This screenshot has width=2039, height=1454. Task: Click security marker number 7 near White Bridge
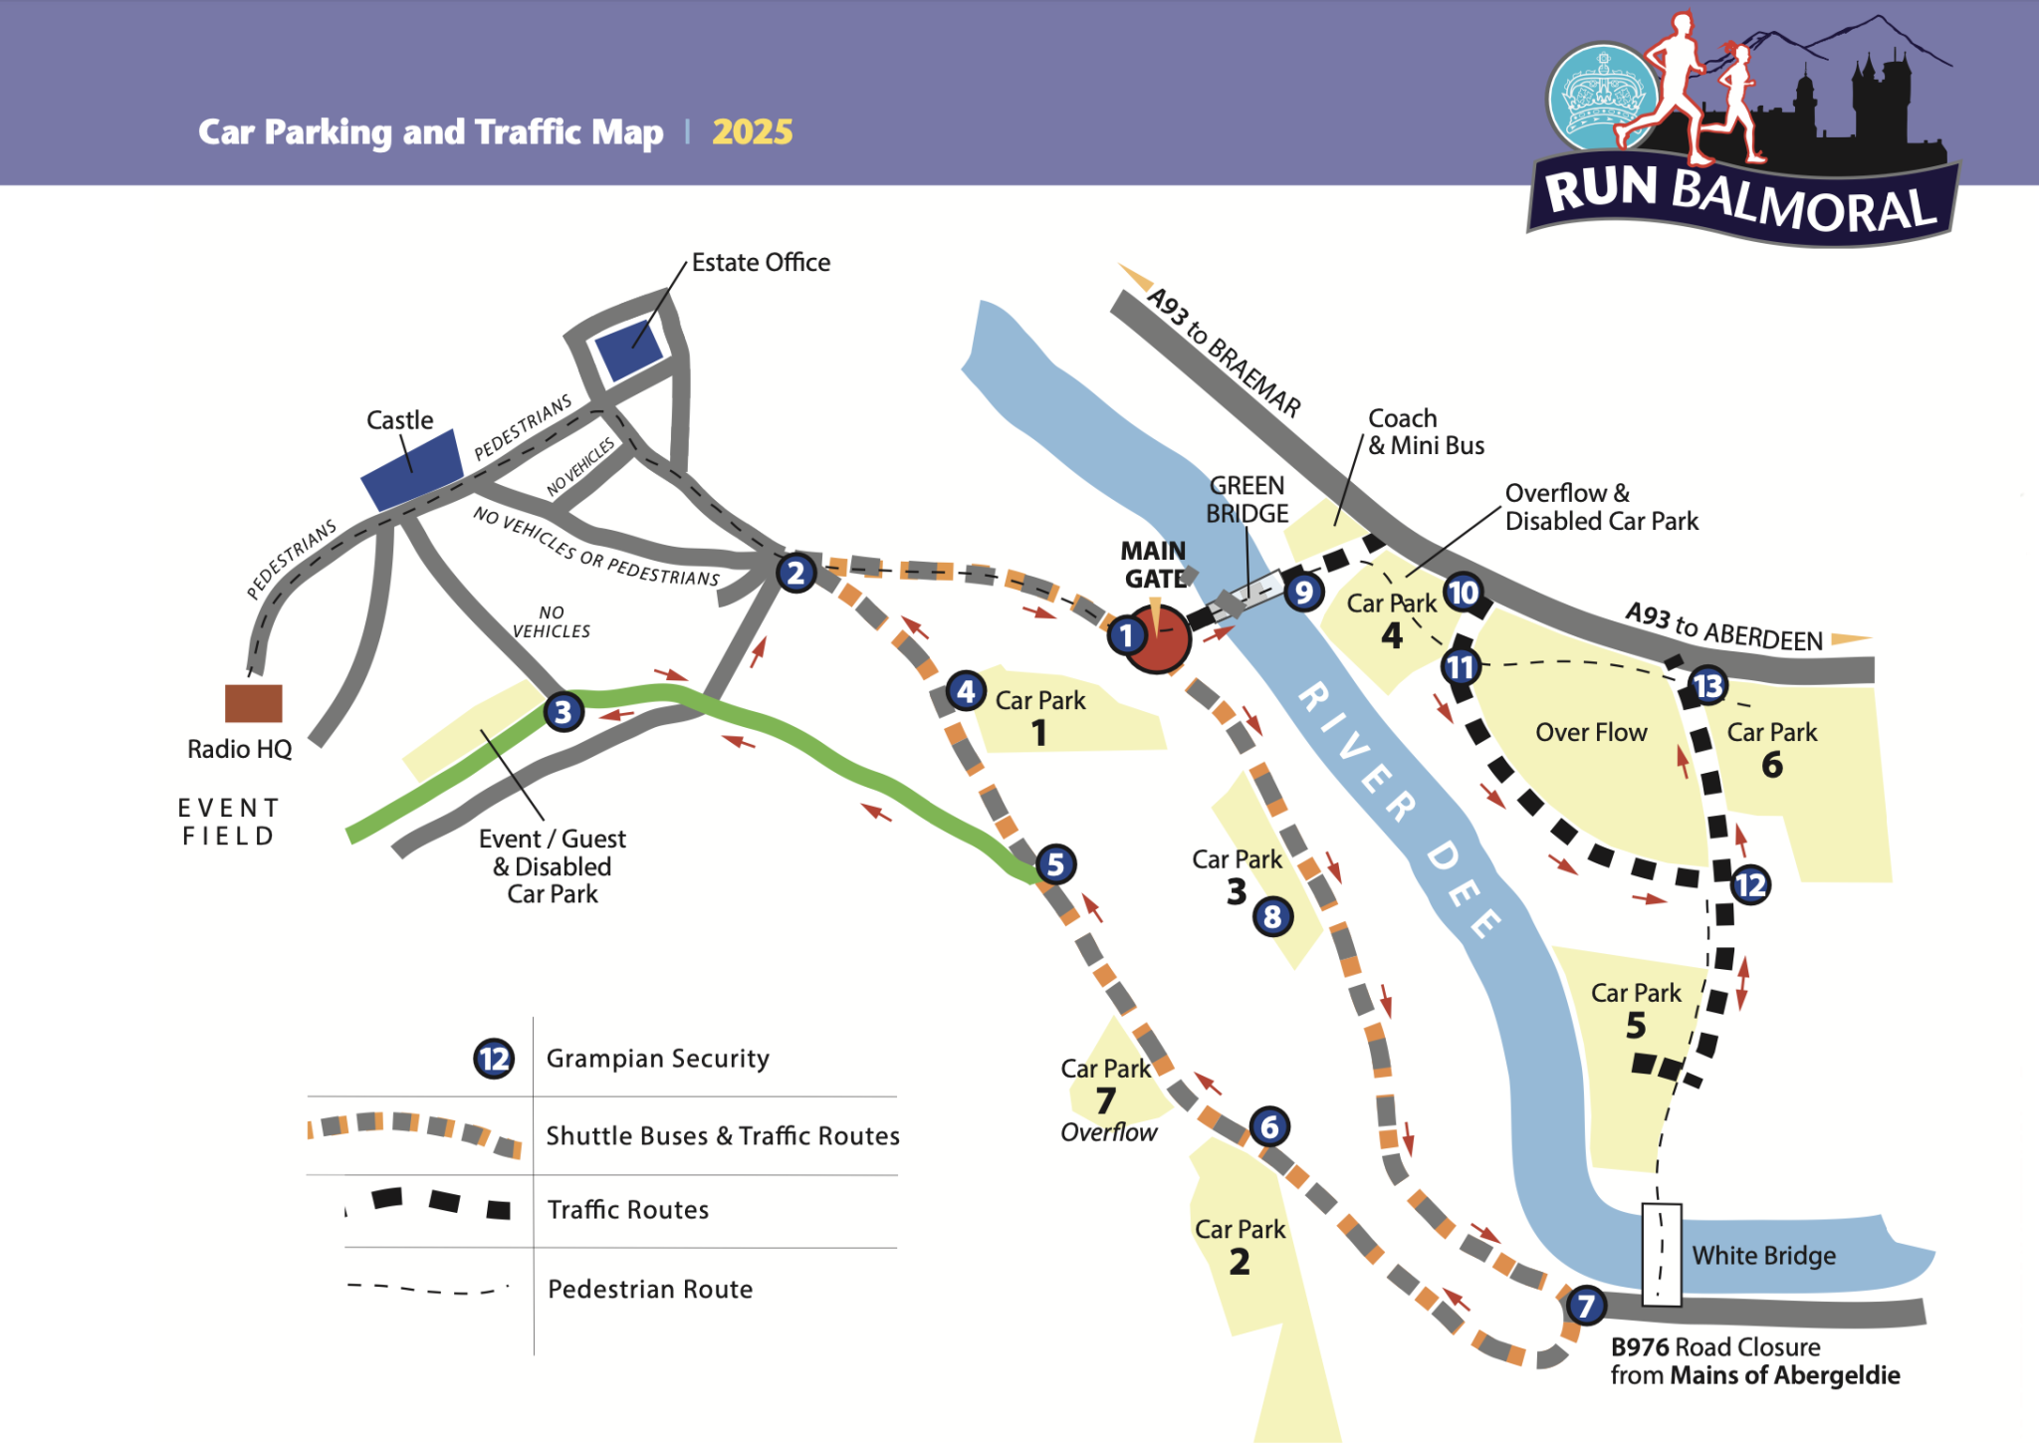pyautogui.click(x=1586, y=1305)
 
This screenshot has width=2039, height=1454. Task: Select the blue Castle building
pyautogui.click(x=412, y=470)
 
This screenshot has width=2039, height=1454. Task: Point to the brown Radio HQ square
pyautogui.click(x=253, y=703)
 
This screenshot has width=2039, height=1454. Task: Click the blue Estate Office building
pyautogui.click(x=628, y=351)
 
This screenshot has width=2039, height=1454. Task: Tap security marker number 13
pyautogui.click(x=1707, y=685)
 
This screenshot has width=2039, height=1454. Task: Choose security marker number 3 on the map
pyautogui.click(x=564, y=712)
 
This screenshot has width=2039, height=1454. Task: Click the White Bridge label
pyautogui.click(x=1763, y=1255)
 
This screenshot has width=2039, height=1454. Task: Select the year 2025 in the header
pyautogui.click(x=753, y=131)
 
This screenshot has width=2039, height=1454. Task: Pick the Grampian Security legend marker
pyautogui.click(x=494, y=1058)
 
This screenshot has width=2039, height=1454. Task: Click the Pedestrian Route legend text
pyautogui.click(x=650, y=1289)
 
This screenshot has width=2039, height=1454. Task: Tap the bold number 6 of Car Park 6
pyautogui.click(x=1772, y=765)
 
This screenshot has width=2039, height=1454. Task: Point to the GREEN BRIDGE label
pyautogui.click(x=1246, y=499)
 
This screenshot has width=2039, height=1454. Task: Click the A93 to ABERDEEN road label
pyautogui.click(x=1723, y=626)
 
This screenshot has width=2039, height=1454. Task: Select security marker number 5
pyautogui.click(x=1055, y=864)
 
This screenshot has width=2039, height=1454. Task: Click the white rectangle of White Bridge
pyautogui.click(x=1661, y=1255)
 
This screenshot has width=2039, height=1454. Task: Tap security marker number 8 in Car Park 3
pyautogui.click(x=1272, y=916)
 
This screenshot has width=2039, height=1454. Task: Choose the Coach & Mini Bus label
pyautogui.click(x=1426, y=431)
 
